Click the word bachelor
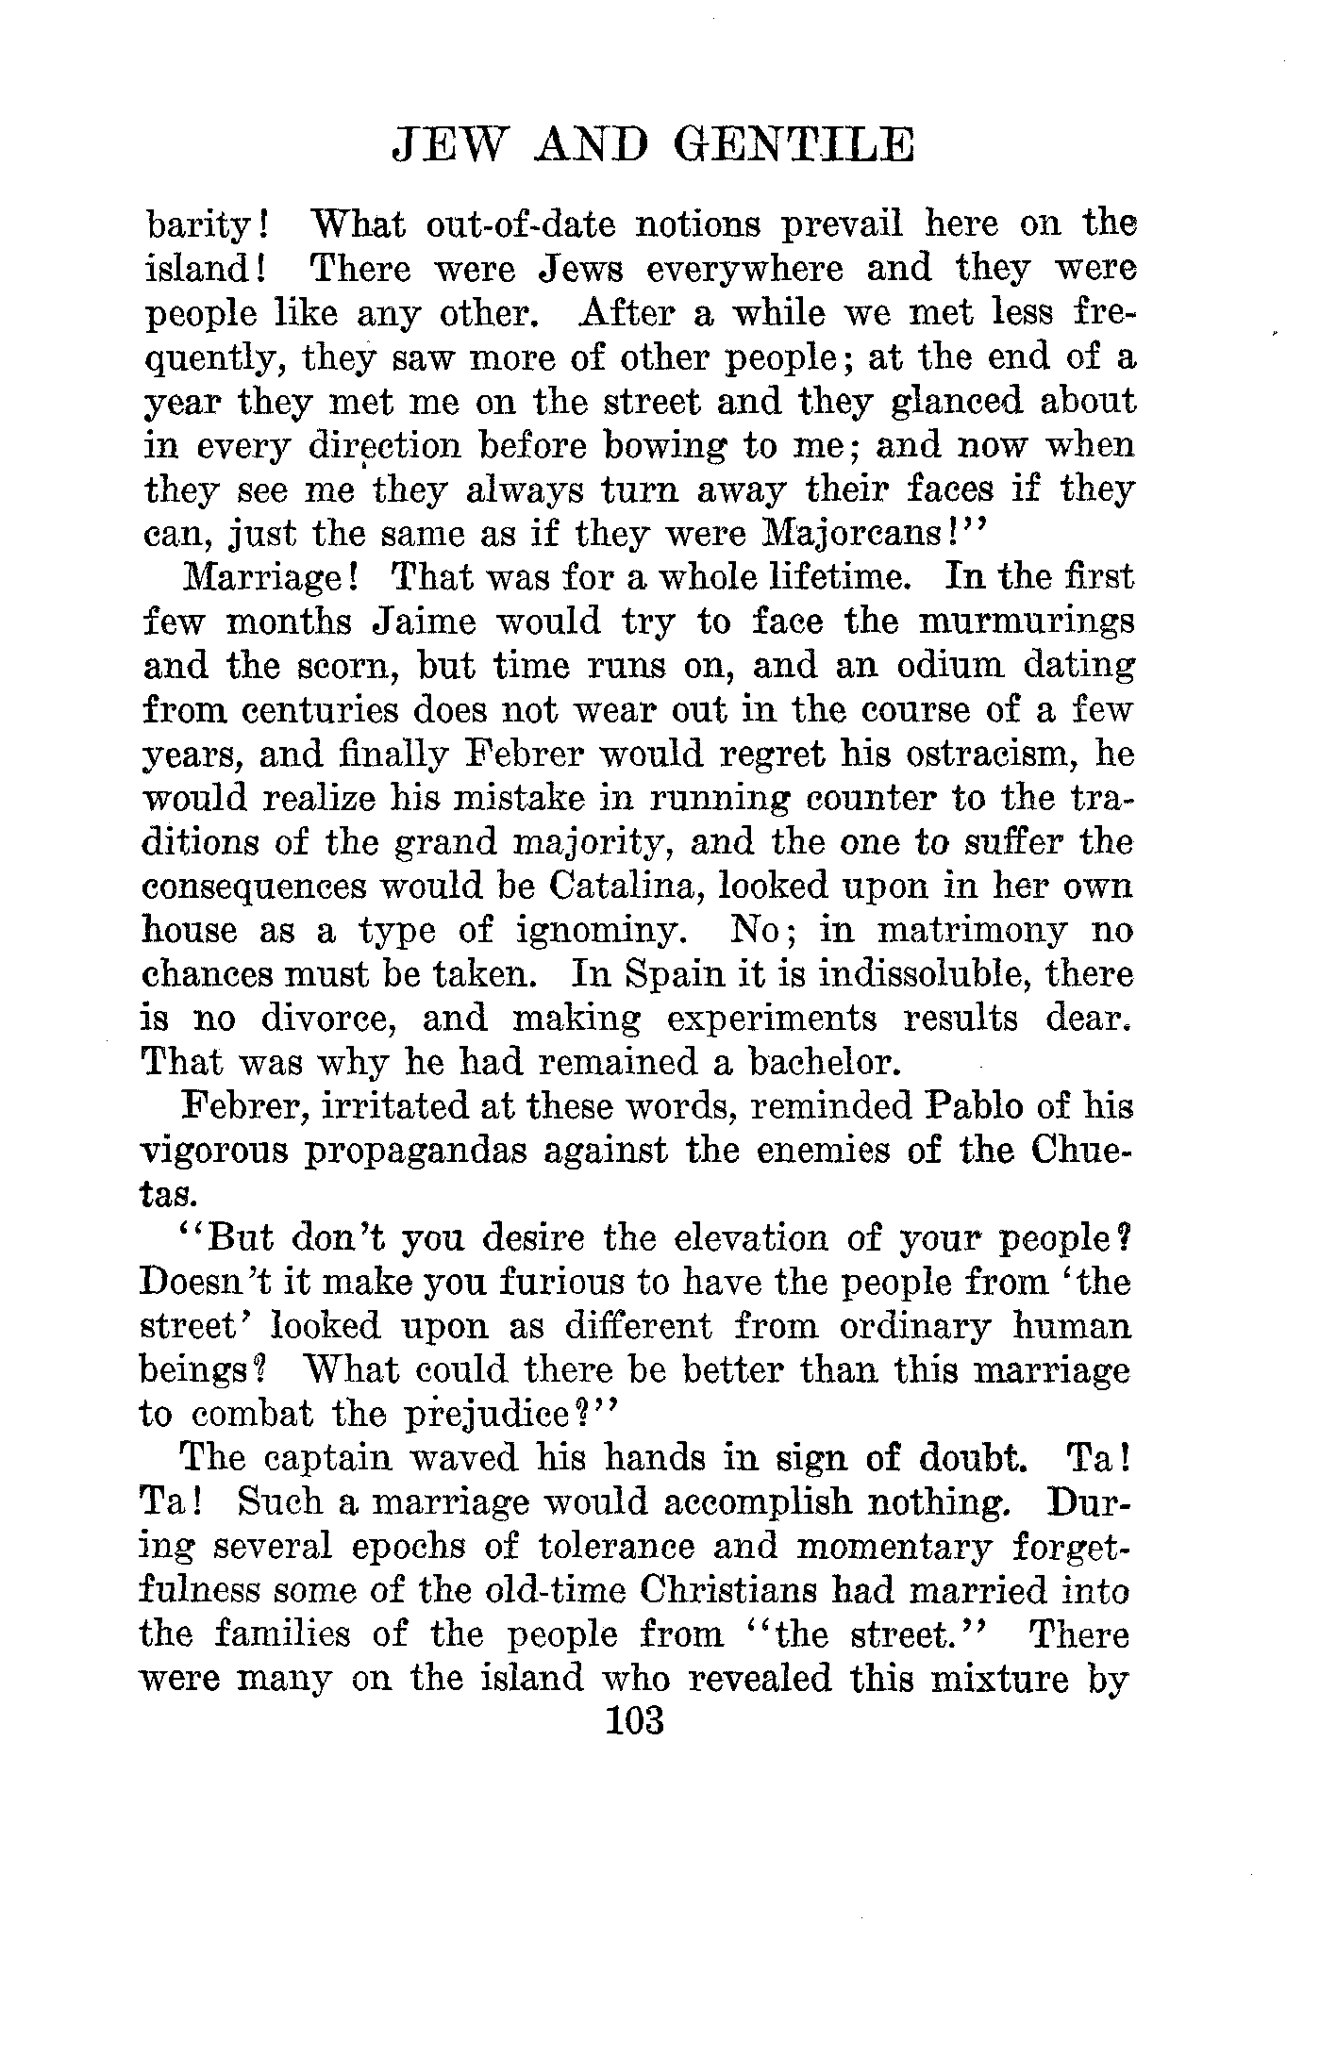(813, 1063)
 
